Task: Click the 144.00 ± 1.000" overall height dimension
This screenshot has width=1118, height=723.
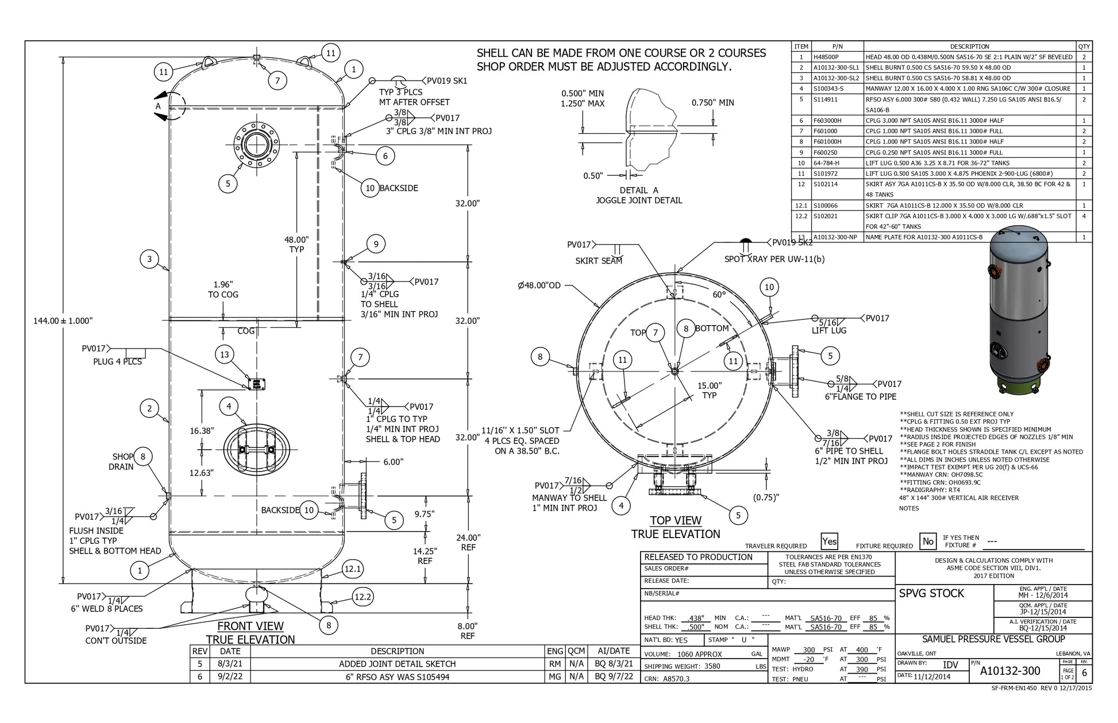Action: coord(63,321)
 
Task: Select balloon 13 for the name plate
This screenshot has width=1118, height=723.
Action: coord(225,354)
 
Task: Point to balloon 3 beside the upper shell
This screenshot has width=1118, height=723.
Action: coord(149,259)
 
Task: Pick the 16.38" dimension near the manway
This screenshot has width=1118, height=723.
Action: coord(202,431)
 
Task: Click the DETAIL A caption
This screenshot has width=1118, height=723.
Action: coord(638,190)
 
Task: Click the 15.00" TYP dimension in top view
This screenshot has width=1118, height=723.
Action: coord(710,391)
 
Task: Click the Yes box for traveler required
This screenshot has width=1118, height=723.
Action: coord(829,542)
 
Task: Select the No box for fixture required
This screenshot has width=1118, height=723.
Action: coord(927,542)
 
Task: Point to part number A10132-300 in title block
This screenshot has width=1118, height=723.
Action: coord(1010,671)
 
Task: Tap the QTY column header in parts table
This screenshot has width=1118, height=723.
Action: coord(1084,47)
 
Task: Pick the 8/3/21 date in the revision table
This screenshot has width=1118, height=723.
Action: coord(230,664)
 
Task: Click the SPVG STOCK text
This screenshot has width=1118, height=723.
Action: coord(931,593)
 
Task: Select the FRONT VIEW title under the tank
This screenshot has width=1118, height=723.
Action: coord(250,626)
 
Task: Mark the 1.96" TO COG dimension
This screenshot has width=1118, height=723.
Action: coord(223,289)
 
